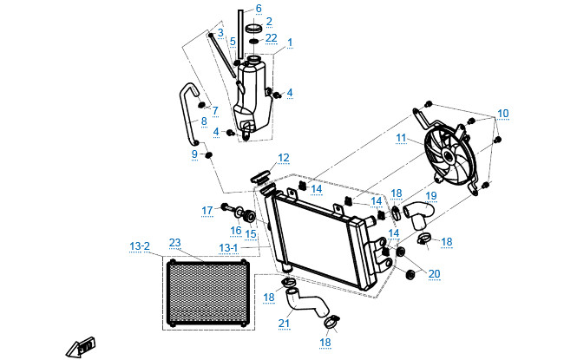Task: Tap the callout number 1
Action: [290, 42]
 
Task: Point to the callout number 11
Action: [401, 138]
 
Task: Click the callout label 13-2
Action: [140, 247]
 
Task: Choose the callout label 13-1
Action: [228, 247]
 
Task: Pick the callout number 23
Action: [174, 242]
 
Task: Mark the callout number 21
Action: [283, 324]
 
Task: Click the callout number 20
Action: [435, 274]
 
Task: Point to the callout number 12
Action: [283, 158]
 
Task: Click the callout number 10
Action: [503, 115]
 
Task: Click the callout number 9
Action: [194, 154]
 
